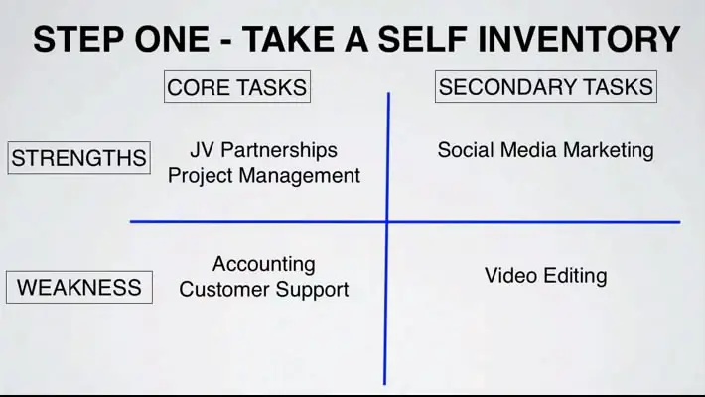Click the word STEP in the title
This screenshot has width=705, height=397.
coord(77,39)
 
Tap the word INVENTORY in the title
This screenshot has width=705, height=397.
coord(579,39)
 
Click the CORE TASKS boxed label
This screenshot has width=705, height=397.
coord(237,86)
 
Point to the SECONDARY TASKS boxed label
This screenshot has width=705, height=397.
coord(546,86)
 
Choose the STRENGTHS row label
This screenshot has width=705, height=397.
coord(78,158)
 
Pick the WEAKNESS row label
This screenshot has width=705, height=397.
coord(79,287)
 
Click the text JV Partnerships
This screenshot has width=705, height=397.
coord(263,150)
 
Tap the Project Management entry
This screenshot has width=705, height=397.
coord(264,176)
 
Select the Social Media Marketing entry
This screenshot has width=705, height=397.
coord(545,150)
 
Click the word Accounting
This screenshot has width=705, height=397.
coord(264,264)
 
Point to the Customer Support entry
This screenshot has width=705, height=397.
coord(264,290)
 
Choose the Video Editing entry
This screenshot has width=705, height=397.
coord(546,276)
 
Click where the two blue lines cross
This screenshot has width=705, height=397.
coord(387,221)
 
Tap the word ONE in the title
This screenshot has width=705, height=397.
coord(172,39)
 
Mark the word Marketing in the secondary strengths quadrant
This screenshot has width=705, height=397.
coord(609,150)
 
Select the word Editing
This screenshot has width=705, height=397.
coord(575,276)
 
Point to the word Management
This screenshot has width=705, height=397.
coord(300,176)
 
